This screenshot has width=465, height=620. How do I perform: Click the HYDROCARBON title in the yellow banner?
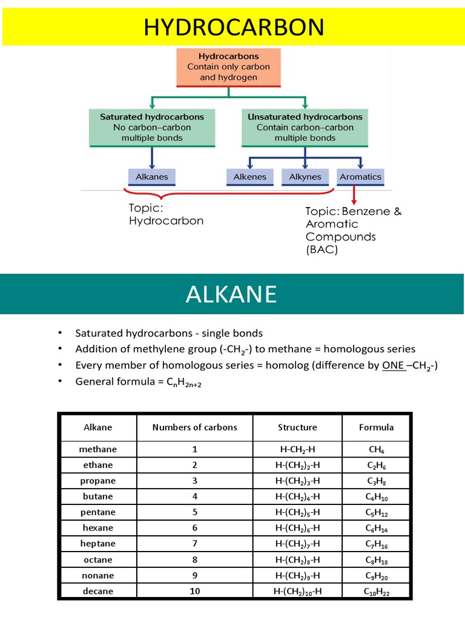tap(232, 27)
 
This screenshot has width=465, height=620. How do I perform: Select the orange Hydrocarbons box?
tap(228, 67)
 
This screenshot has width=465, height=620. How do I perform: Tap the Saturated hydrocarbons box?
tap(151, 128)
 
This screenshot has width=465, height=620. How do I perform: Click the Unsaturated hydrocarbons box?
tap(305, 128)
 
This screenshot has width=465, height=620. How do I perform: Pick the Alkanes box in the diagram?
tap(151, 177)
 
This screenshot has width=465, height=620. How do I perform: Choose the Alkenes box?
tap(250, 177)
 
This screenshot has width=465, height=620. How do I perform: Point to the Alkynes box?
tap(305, 177)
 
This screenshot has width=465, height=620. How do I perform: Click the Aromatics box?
tap(361, 177)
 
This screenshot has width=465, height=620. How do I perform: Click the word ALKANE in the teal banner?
tap(231, 294)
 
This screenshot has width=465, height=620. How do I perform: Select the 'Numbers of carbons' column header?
tap(195, 427)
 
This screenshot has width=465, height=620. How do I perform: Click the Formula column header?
tap(377, 427)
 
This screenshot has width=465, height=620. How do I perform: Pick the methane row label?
tap(98, 450)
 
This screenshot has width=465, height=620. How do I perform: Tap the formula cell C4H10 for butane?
tap(377, 497)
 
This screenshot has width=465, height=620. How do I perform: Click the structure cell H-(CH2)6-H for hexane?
tap(297, 528)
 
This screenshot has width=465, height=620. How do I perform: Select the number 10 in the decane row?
tap(195, 591)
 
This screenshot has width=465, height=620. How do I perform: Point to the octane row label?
tap(98, 560)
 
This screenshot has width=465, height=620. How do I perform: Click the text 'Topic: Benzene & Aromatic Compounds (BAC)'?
tap(353, 230)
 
